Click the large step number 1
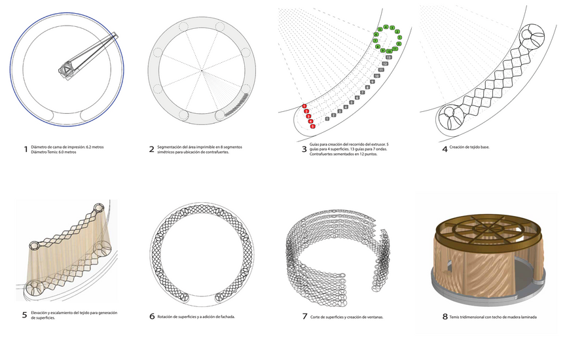coord(26,149)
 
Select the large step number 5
coord(25,315)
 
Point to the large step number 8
coord(445,317)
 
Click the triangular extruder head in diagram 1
coord(67,69)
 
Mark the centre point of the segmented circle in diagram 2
coord(202,69)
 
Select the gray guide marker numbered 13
coord(388,58)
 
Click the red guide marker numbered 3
coord(308,116)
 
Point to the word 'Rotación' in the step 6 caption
coord(170,317)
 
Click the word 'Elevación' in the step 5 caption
coord(43,314)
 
